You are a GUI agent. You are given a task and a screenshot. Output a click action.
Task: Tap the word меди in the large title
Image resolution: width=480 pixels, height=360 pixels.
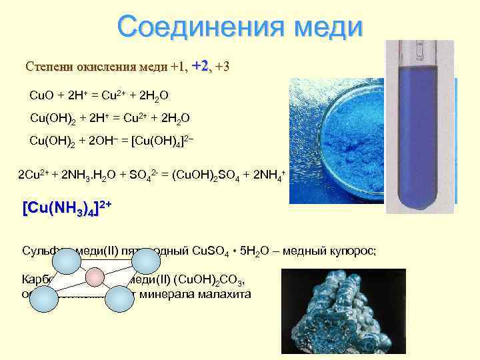(325, 27)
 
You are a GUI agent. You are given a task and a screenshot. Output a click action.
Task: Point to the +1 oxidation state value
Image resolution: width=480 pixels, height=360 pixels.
(178, 67)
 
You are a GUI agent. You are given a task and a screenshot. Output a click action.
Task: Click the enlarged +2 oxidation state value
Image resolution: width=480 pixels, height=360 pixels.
(201, 66)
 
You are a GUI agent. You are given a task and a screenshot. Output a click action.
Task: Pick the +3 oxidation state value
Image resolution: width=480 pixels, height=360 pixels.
(223, 67)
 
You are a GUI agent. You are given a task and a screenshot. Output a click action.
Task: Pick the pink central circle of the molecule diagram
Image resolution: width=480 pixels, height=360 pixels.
(95, 276)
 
